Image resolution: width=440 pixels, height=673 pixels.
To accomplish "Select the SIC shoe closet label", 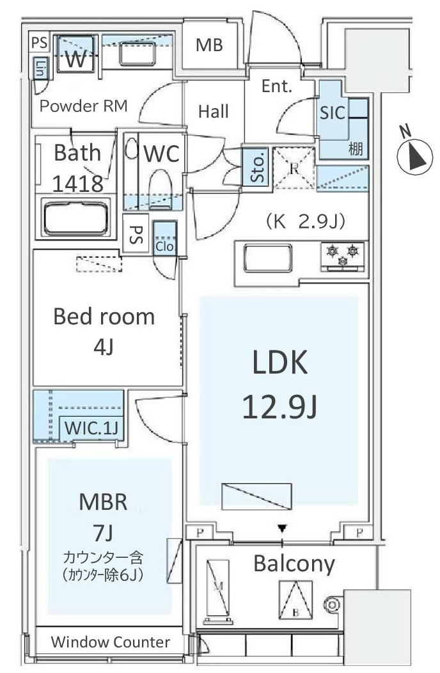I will [333, 113].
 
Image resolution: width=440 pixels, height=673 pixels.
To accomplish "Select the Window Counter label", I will [110, 642].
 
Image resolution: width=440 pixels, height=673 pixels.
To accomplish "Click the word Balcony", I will [294, 564].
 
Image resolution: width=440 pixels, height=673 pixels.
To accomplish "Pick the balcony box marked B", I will [295, 600].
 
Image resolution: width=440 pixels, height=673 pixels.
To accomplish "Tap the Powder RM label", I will [83, 106].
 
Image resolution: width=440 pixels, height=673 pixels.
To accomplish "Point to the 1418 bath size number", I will [77, 184].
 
